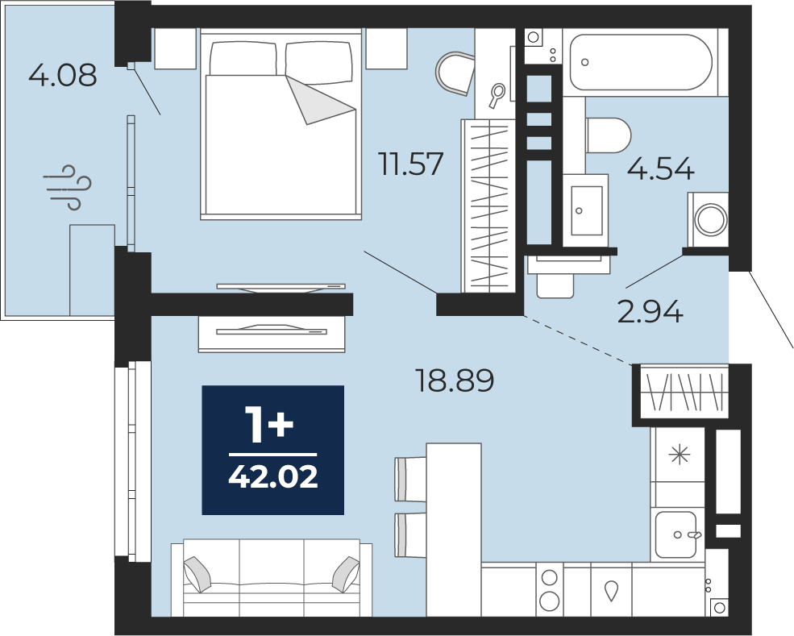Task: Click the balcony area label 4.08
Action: (x=62, y=76)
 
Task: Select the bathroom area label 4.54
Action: (x=660, y=168)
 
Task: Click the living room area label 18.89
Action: (x=454, y=380)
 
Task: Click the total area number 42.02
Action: (x=273, y=476)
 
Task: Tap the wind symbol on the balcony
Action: (x=68, y=187)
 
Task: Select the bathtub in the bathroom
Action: (x=641, y=62)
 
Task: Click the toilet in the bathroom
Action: (x=608, y=135)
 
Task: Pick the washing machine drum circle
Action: (x=711, y=220)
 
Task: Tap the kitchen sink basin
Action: (x=676, y=534)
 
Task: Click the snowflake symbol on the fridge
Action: (x=679, y=455)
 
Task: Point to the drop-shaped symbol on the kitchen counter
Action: (x=611, y=591)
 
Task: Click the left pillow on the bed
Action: (x=244, y=59)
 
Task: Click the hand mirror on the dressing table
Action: (x=497, y=95)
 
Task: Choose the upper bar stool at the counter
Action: (x=410, y=479)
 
